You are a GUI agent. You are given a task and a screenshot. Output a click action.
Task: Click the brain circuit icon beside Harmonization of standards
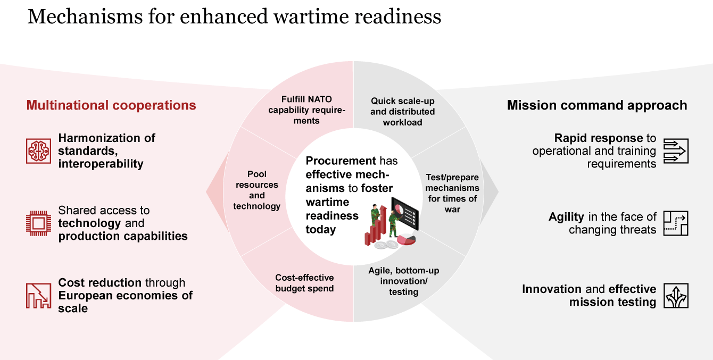38,150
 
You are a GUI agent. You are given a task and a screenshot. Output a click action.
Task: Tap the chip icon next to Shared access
38,223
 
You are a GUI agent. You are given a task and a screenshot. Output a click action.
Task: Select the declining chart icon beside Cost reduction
38,296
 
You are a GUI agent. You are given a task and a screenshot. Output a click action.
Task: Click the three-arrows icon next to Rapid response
676,150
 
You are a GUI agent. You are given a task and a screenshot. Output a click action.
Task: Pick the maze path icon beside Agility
676,223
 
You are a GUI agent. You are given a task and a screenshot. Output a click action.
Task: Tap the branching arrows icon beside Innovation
676,296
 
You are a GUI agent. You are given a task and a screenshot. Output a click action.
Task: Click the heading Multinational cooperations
111,105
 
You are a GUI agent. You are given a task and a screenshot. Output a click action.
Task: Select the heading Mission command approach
597,105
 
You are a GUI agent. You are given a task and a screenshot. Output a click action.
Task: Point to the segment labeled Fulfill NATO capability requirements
307,110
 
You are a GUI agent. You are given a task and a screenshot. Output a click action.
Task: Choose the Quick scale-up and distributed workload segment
402,112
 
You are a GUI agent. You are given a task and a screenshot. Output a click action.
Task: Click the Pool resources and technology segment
257,190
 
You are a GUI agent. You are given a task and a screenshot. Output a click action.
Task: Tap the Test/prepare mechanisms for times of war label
452,193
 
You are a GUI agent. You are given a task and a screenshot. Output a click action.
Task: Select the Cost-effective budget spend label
304,283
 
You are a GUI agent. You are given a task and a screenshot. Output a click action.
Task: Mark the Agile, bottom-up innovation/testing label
404,281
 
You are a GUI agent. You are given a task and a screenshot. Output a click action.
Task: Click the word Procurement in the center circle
334,161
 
